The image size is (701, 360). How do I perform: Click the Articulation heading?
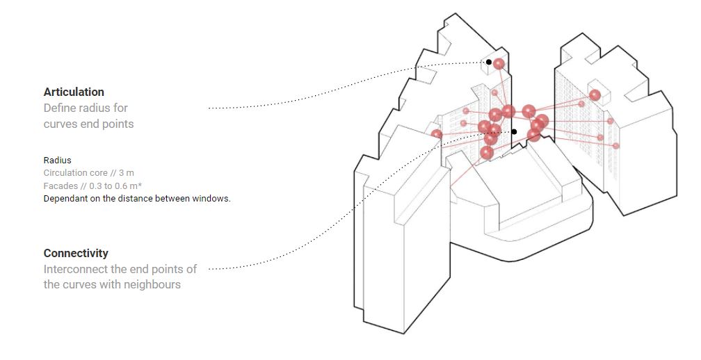(74, 92)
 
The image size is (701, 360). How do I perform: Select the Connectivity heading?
(76, 253)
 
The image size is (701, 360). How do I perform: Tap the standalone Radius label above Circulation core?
(57, 160)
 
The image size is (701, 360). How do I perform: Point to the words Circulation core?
(76, 173)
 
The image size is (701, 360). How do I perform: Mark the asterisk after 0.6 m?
(140, 184)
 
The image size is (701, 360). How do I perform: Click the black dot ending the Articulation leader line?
(489, 62)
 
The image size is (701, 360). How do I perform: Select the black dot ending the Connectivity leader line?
(514, 132)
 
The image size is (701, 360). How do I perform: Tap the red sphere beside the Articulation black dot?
(499, 64)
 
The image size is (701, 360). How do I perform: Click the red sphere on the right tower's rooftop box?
(595, 95)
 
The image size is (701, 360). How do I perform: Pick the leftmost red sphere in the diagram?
(437, 134)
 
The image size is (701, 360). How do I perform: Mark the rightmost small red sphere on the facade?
(615, 146)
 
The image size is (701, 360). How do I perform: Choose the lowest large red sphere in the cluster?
(487, 153)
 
